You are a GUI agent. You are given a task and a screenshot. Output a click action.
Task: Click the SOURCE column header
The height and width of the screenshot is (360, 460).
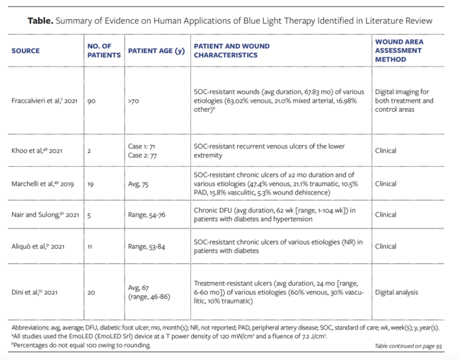25,51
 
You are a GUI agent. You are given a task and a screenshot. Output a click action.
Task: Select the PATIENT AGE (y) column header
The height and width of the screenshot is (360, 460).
155,51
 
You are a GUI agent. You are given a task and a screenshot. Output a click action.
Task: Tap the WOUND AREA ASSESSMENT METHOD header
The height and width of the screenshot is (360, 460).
399,51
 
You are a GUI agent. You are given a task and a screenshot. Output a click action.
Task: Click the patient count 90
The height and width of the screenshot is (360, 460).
91,101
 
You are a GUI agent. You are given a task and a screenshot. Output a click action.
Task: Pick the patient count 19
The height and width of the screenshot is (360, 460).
91,183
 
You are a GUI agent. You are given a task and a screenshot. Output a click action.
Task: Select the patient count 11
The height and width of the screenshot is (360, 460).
91,247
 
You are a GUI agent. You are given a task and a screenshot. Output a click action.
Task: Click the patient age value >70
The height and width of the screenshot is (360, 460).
134,101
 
